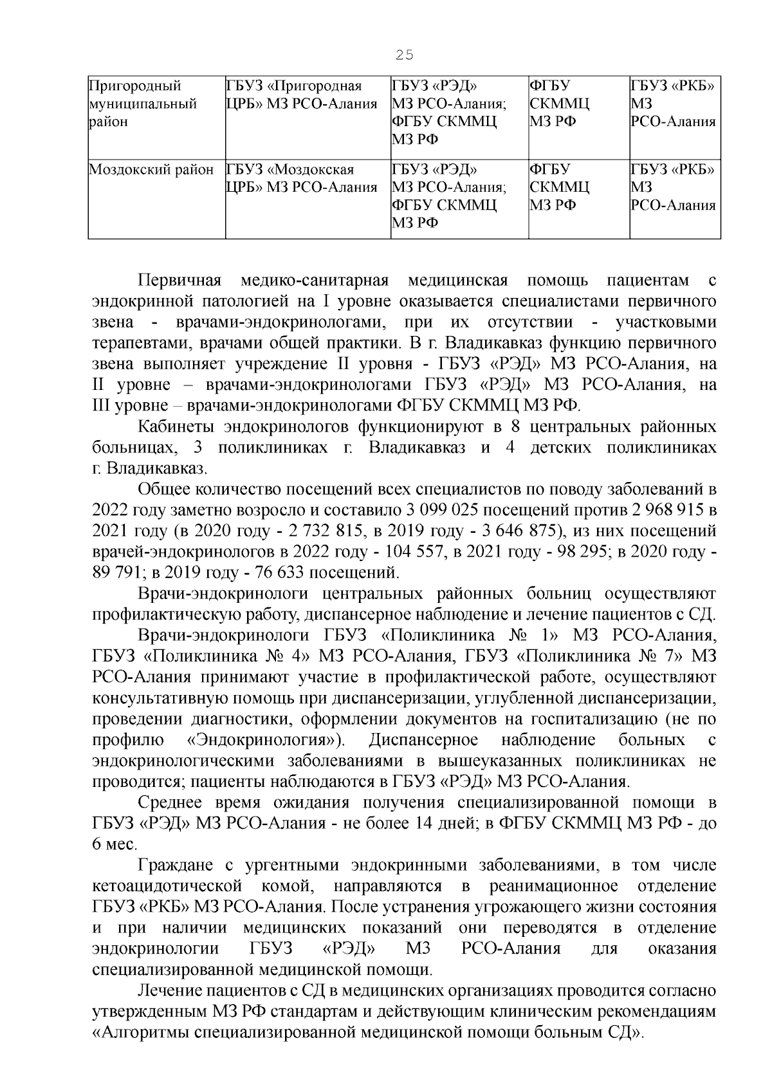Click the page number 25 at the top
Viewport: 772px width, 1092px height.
(405, 55)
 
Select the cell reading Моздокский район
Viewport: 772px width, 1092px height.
(151, 170)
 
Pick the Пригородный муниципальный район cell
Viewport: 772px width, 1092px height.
(142, 104)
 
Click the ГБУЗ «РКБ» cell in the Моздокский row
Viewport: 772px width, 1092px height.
(673, 187)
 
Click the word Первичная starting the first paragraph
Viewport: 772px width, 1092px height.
(179, 281)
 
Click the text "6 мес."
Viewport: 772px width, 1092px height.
(111, 844)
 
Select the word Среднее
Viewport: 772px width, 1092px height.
(170, 802)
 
